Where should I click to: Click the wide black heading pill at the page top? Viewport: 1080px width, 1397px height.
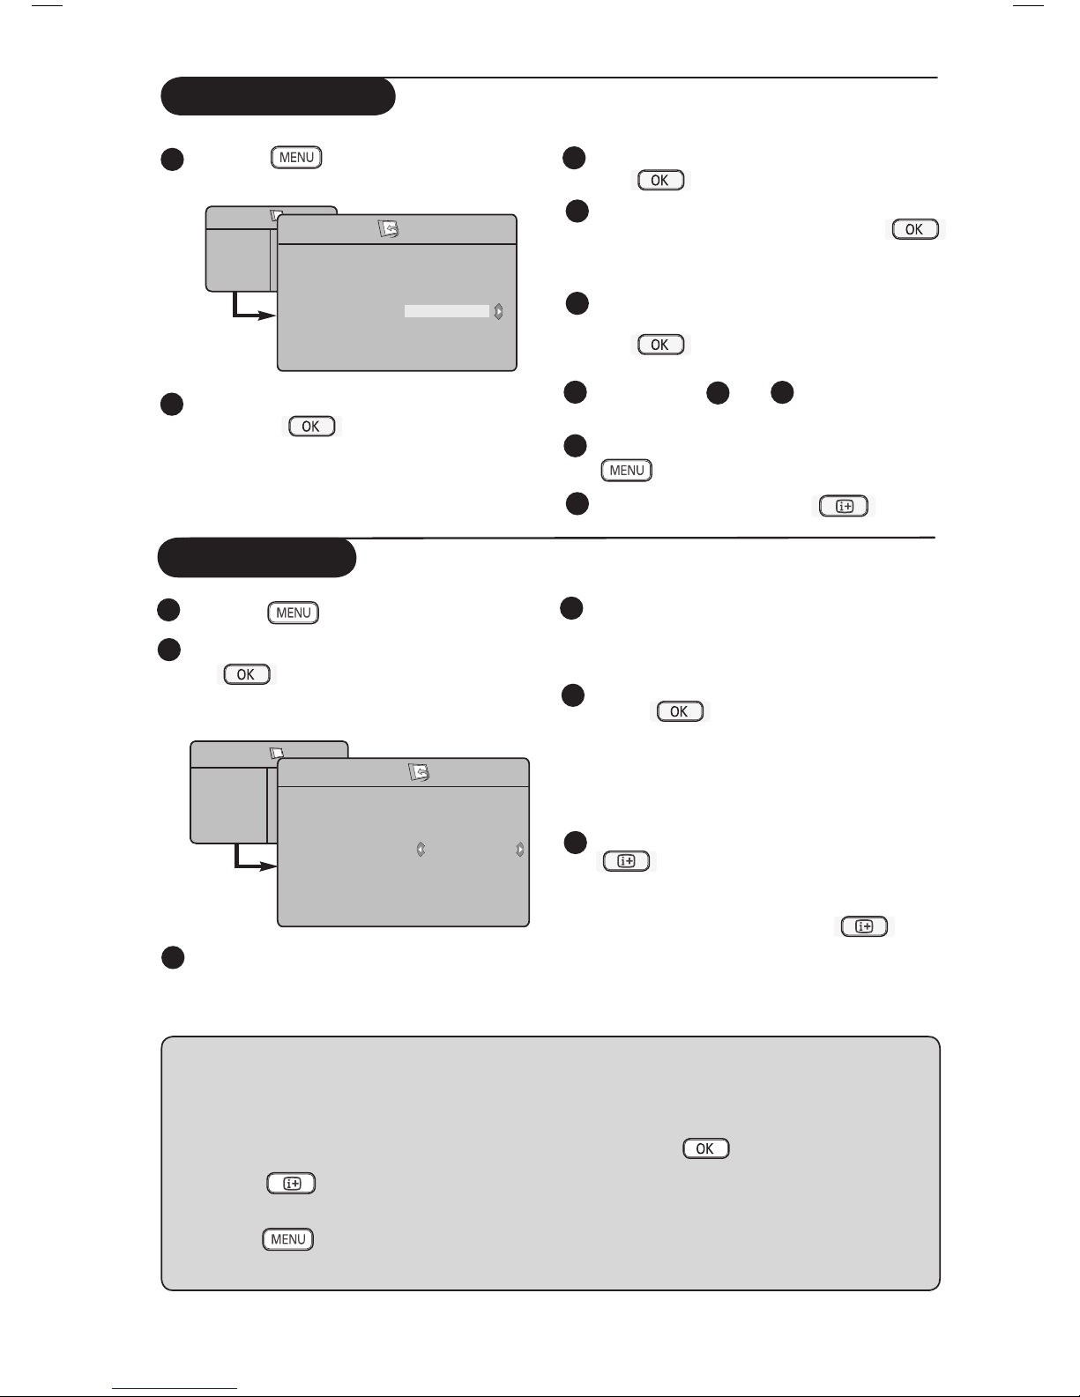pos(278,96)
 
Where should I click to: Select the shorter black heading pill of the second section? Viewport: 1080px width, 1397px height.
pos(257,557)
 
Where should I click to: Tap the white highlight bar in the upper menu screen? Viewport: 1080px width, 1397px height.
pos(447,311)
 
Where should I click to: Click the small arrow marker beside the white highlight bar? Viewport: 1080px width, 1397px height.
pos(498,311)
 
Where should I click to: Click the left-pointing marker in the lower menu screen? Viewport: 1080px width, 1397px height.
pos(421,850)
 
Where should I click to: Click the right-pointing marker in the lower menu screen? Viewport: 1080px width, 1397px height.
pos(519,850)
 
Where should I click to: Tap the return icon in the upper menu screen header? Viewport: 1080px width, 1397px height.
pos(388,229)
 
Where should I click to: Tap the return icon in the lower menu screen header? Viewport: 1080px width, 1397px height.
pos(419,771)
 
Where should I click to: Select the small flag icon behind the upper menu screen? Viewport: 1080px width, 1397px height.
pos(276,216)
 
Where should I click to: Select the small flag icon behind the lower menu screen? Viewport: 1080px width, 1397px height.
pos(277,752)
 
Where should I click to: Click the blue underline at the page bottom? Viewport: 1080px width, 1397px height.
pos(175,1389)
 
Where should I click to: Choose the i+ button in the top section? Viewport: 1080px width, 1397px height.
pos(844,506)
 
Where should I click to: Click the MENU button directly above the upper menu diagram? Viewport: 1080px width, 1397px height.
pos(296,158)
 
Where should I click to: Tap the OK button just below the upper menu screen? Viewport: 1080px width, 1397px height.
pos(311,427)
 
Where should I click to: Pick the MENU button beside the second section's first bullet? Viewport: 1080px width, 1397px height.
pos(293,613)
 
